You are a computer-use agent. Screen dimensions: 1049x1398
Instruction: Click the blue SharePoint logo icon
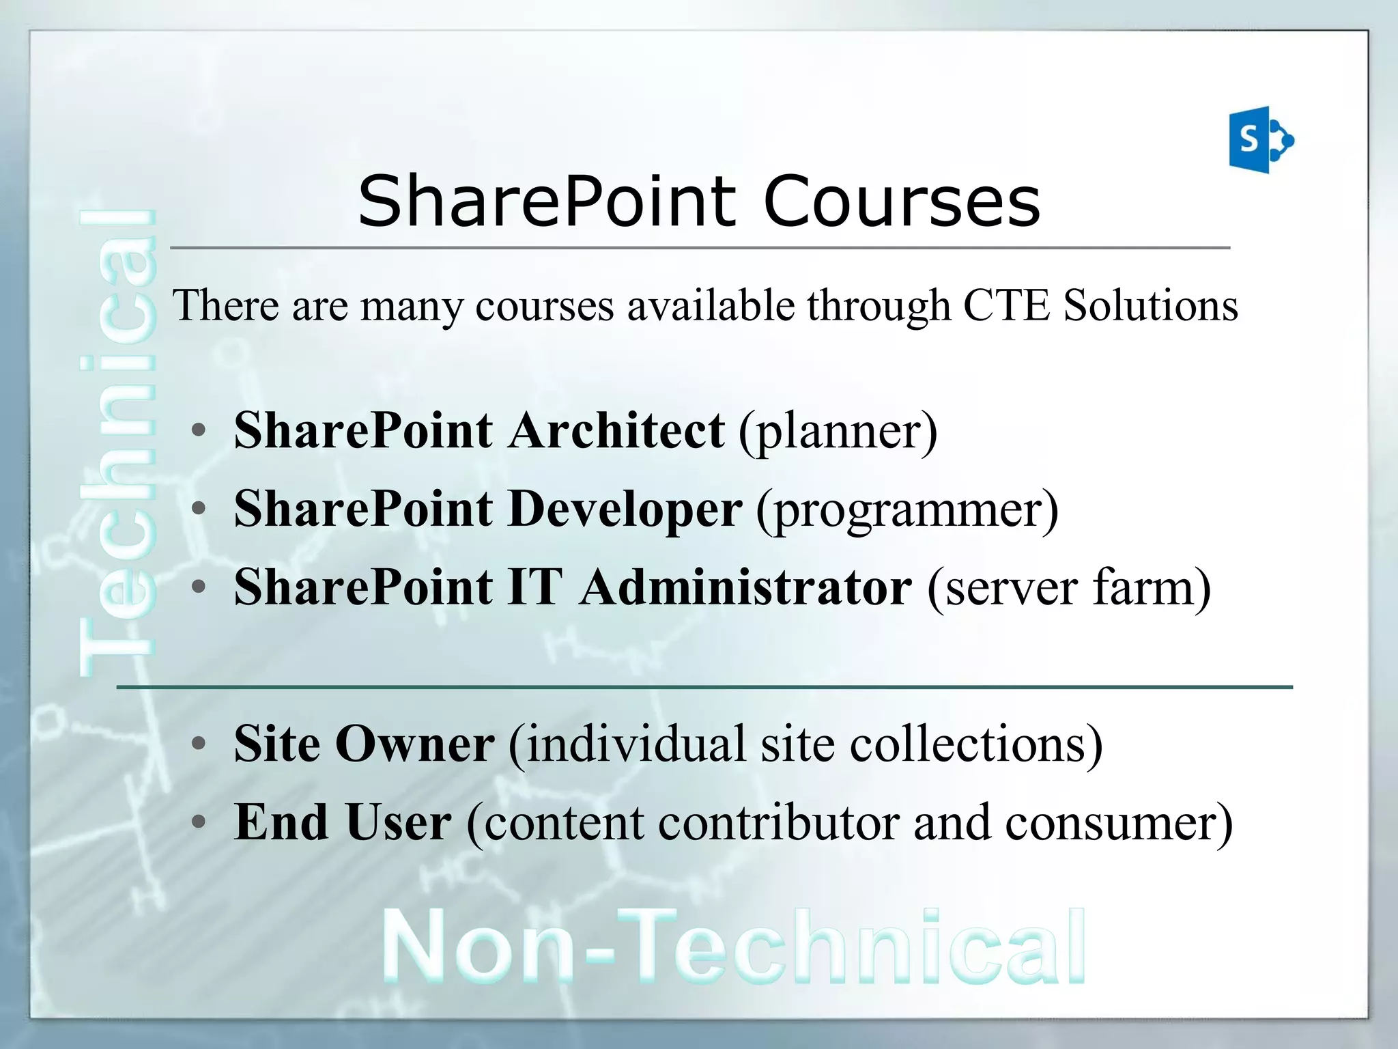tap(1259, 140)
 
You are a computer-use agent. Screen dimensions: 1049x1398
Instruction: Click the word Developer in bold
tap(625, 509)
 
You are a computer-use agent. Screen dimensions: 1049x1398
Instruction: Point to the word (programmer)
tap(907, 511)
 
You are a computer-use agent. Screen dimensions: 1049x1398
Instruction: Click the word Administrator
tap(745, 587)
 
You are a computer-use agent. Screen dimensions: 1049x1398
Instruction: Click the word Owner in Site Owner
tap(414, 744)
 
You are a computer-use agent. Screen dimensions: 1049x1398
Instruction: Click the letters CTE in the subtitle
tap(1006, 305)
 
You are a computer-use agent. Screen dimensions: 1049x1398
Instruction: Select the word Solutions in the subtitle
tap(1151, 305)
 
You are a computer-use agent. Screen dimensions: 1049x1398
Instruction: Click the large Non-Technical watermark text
tap(734, 949)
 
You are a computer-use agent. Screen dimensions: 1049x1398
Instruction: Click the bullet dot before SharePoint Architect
tap(199, 431)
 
